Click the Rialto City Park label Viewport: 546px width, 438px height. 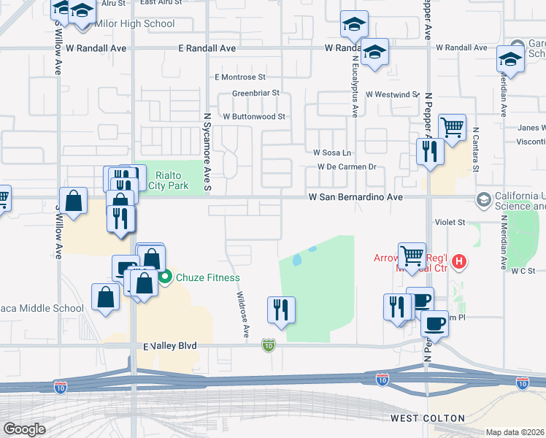click(x=168, y=180)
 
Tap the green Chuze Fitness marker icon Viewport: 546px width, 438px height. click(x=165, y=277)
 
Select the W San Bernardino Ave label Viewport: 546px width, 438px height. click(x=355, y=197)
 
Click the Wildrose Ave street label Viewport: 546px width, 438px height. click(x=242, y=315)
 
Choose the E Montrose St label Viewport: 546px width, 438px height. click(x=240, y=77)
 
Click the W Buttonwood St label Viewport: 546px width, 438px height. click(x=253, y=116)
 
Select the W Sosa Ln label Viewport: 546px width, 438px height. click(x=332, y=153)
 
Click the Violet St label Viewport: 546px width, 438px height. click(x=450, y=222)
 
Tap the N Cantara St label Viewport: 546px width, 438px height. click(x=475, y=150)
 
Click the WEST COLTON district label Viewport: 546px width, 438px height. click(x=428, y=418)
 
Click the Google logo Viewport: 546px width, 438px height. click(x=24, y=429)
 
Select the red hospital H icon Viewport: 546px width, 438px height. click(x=459, y=260)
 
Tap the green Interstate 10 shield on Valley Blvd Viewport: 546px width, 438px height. click(x=269, y=344)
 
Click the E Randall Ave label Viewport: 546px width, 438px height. click(x=207, y=48)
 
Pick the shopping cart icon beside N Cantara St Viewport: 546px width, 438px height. click(x=453, y=127)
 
